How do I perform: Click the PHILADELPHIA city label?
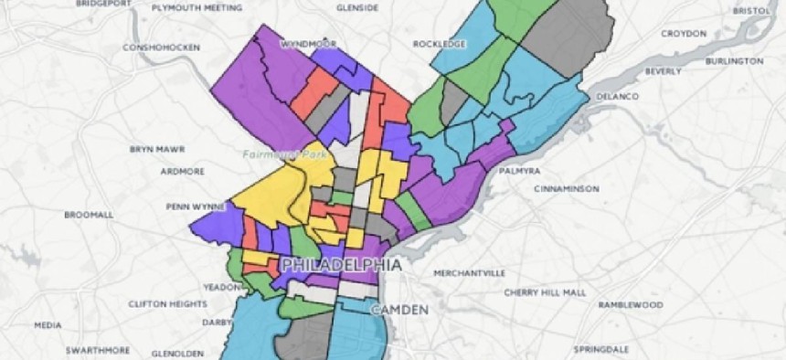(x=342, y=264)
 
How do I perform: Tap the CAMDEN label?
(x=398, y=311)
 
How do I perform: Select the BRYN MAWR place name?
(x=156, y=149)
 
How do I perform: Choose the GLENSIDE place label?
(x=357, y=7)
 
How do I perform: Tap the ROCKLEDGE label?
(x=439, y=43)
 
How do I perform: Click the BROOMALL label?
(x=89, y=215)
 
